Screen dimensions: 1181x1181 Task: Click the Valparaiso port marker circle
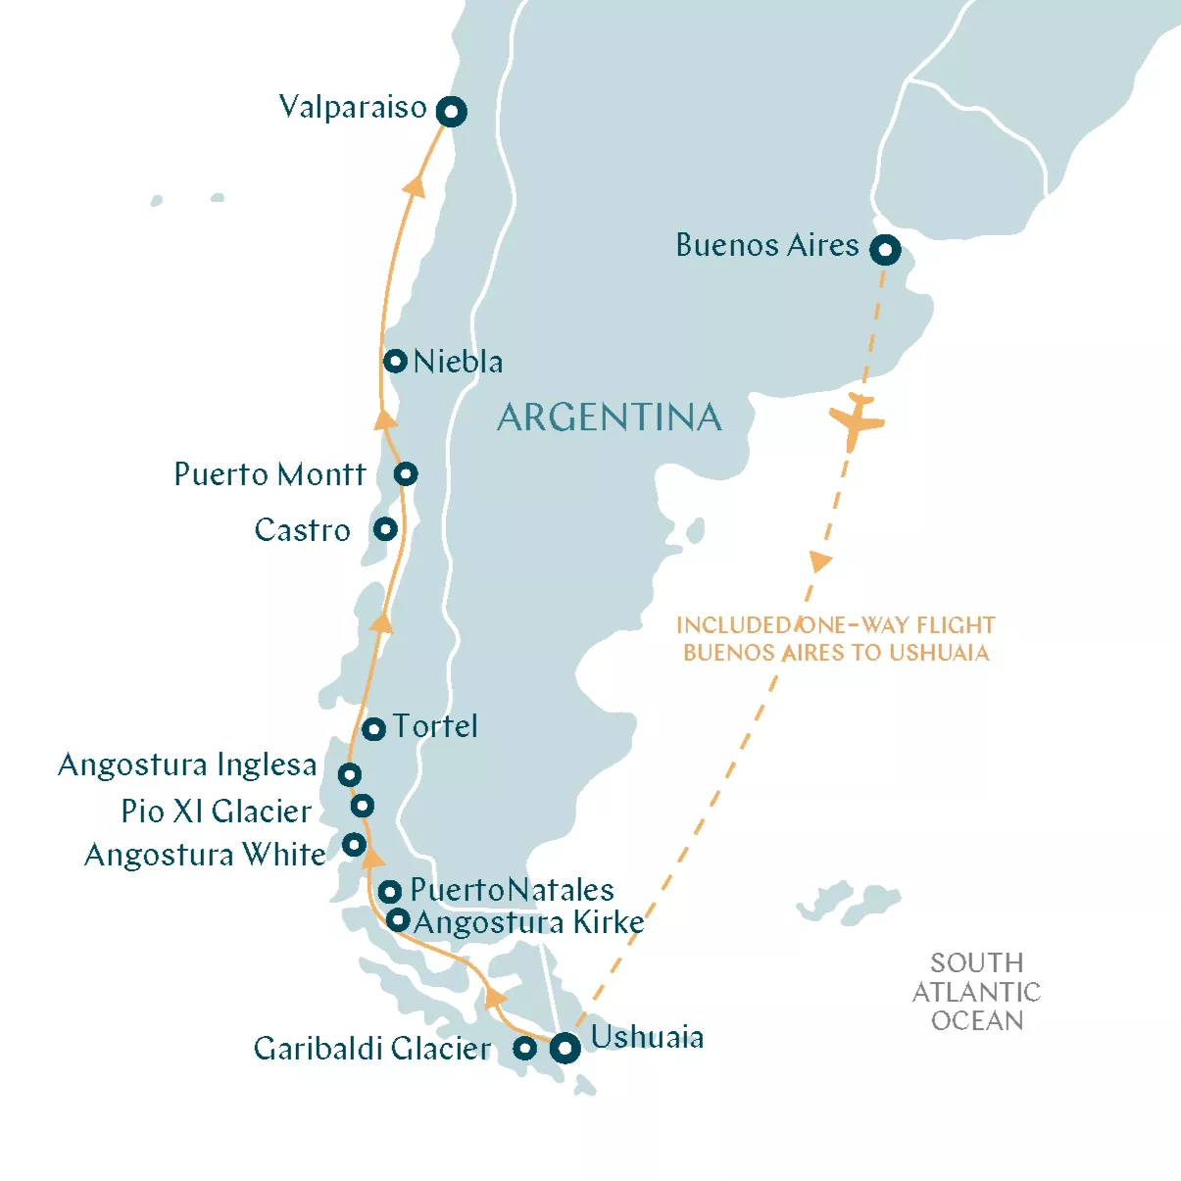point(451,112)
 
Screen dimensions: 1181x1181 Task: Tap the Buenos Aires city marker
point(885,250)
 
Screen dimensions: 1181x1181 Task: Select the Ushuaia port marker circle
point(565,1048)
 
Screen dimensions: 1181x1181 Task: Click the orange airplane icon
point(856,420)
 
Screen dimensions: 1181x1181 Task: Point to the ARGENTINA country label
point(610,418)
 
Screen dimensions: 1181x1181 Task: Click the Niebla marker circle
point(395,361)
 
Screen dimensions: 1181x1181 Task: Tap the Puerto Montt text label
point(270,474)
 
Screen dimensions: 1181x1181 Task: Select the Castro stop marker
point(385,529)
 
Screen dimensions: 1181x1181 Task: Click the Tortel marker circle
point(373,729)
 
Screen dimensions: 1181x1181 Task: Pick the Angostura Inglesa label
point(187,764)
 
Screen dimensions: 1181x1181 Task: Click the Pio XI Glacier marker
point(363,806)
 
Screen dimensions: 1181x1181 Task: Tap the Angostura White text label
point(205,855)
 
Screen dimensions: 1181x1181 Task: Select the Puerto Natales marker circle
point(390,892)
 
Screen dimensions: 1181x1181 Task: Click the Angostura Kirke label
point(529,922)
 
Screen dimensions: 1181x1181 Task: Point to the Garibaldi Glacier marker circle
point(525,1048)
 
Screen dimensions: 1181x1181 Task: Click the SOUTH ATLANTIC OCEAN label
point(976,992)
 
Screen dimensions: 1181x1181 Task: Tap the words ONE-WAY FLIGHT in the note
point(898,625)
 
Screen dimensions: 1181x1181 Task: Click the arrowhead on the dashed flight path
point(819,562)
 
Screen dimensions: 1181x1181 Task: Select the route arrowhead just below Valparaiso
point(416,185)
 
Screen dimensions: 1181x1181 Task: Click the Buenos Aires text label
point(767,245)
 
